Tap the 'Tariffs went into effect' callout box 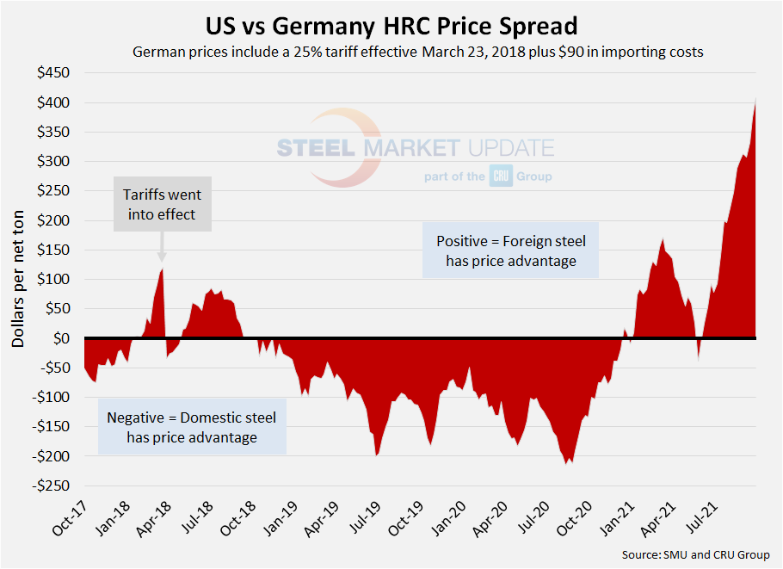click(x=162, y=205)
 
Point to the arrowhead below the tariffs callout click(x=162, y=256)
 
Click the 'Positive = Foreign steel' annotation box click(x=511, y=250)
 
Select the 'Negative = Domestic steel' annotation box click(x=191, y=427)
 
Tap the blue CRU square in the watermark click(x=501, y=176)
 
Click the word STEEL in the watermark click(x=316, y=148)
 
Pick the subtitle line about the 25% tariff click(x=418, y=52)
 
